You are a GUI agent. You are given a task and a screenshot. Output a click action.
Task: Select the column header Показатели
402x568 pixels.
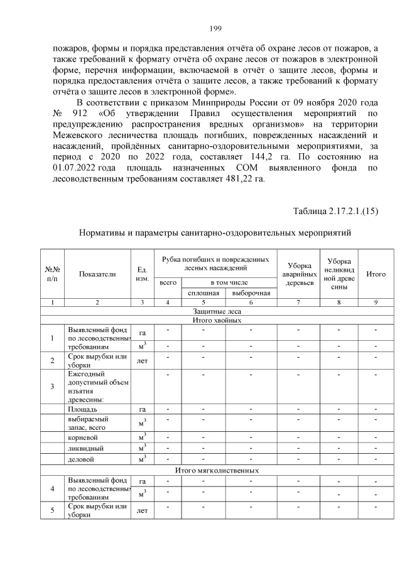(x=97, y=274)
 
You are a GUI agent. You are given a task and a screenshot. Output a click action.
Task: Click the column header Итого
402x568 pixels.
(x=376, y=274)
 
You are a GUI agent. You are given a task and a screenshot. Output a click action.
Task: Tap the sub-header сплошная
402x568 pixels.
(x=203, y=292)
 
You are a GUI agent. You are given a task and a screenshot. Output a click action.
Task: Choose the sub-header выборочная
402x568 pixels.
(x=251, y=292)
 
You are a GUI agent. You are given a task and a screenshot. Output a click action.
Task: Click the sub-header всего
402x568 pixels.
(x=168, y=283)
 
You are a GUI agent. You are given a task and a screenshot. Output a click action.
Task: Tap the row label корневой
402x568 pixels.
(x=83, y=436)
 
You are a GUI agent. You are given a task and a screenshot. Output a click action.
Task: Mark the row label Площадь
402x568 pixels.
(x=82, y=409)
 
